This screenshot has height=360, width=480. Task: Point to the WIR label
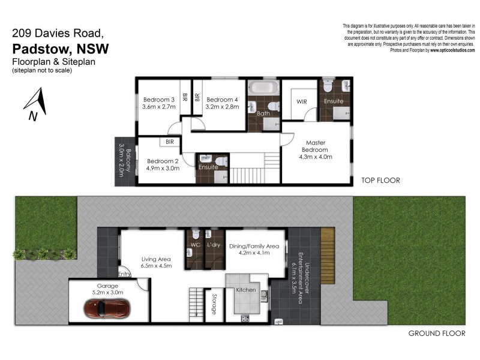click(301, 102)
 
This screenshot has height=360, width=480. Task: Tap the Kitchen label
click(246, 290)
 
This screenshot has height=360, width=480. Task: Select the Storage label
click(214, 304)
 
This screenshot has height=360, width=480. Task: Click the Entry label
click(125, 274)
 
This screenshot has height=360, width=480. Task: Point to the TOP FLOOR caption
click(380, 180)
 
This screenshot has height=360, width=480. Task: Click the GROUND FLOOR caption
click(432, 333)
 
